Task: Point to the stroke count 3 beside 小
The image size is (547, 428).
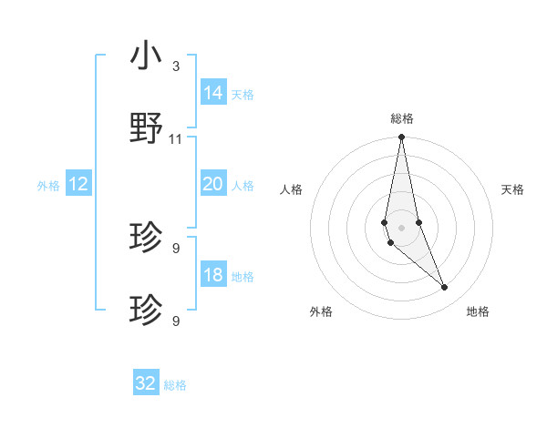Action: (x=175, y=66)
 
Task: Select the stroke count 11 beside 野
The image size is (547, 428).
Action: (x=175, y=138)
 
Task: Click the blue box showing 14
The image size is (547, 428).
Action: (x=213, y=93)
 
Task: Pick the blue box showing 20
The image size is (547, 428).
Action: (x=213, y=184)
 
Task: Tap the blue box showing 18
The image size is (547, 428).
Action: (x=213, y=275)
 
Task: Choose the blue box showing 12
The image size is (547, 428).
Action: (x=78, y=184)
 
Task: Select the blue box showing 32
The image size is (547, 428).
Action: (x=146, y=383)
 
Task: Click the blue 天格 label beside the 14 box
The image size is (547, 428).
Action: (x=242, y=95)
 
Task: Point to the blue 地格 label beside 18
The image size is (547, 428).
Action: (x=242, y=277)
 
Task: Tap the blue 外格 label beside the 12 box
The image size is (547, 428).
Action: (x=48, y=186)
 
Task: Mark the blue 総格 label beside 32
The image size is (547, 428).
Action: (x=175, y=385)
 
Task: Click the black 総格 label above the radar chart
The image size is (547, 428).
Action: (x=402, y=118)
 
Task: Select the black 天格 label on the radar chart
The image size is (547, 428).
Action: (x=512, y=189)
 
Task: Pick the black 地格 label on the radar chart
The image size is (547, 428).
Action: (x=478, y=311)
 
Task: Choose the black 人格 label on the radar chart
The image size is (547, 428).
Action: (x=292, y=189)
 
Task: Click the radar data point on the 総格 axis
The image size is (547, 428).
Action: (x=401, y=138)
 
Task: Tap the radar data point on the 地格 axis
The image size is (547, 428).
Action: (x=445, y=288)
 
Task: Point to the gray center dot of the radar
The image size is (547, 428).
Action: (x=401, y=227)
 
